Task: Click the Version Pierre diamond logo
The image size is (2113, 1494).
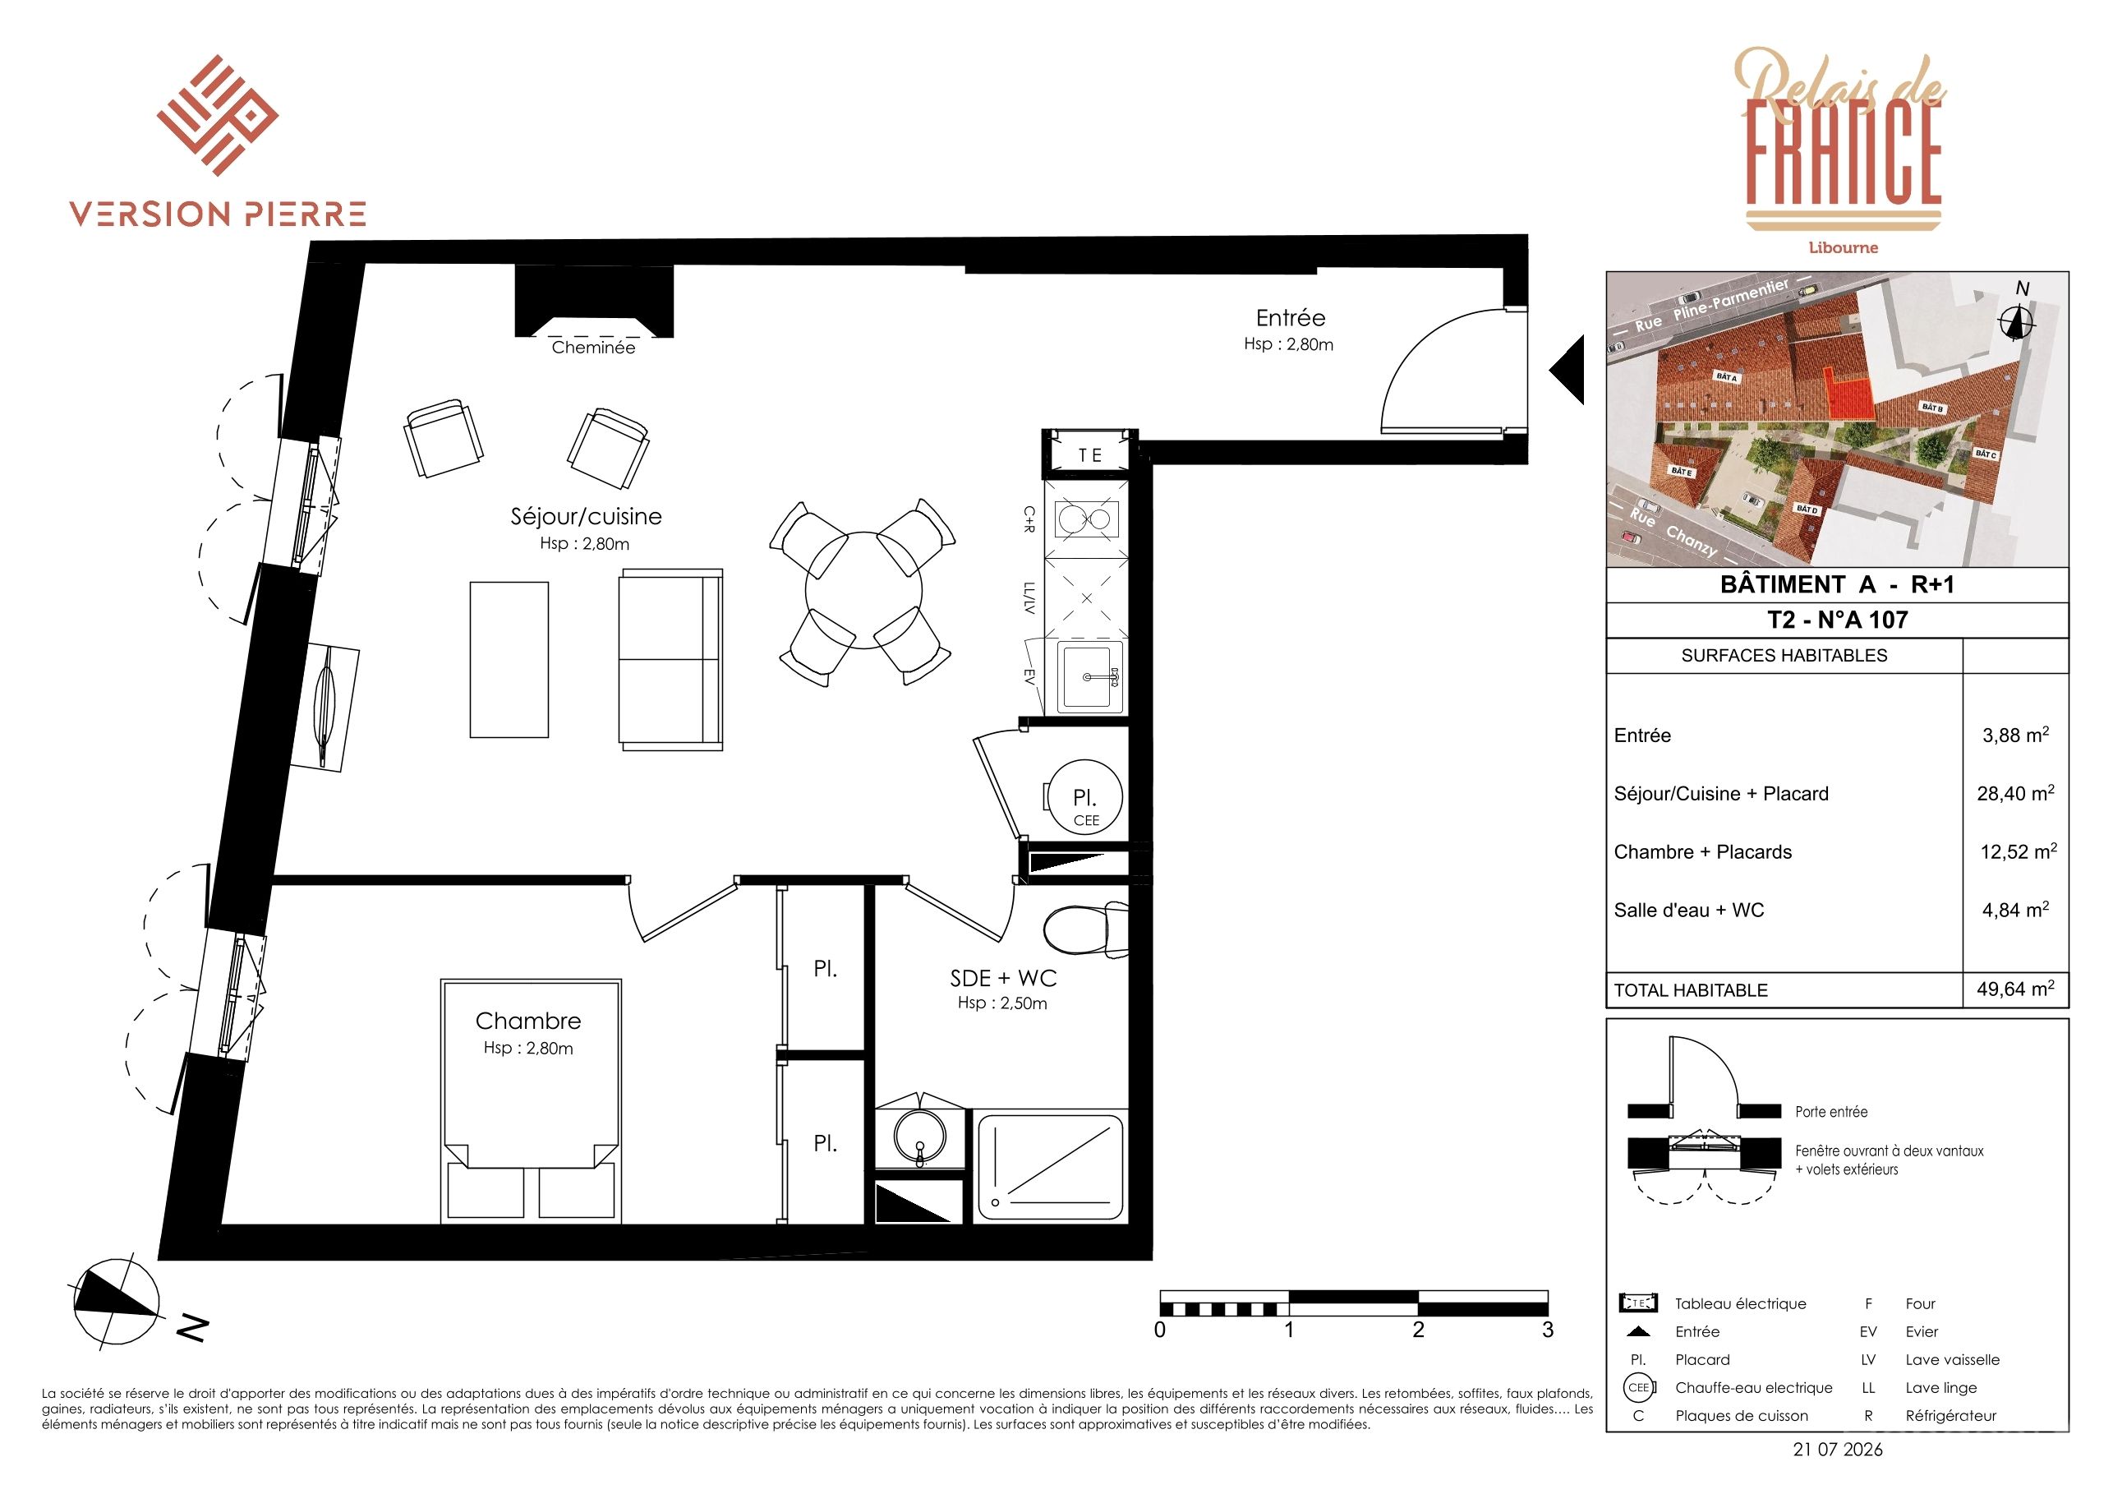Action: click(x=217, y=115)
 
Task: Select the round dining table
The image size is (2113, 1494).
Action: click(x=863, y=591)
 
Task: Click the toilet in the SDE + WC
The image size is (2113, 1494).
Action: click(x=1086, y=930)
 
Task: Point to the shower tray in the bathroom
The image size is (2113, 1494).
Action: click(x=1049, y=1165)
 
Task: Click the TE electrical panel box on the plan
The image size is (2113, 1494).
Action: click(x=1089, y=454)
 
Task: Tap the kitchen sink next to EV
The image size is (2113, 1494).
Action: click(x=1090, y=677)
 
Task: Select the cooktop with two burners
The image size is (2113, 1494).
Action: click(x=1087, y=519)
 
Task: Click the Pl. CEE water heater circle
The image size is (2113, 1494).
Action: click(x=1085, y=797)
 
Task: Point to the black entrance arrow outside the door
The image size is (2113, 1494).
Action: click(x=1567, y=369)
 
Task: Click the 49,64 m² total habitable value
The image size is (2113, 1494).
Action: click(x=2015, y=989)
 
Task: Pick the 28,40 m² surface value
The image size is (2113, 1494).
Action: click(x=2015, y=794)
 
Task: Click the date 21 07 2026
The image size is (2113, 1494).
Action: click(x=1838, y=1450)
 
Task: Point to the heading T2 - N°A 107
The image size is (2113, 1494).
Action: click(x=1837, y=620)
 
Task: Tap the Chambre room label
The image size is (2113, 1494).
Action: click(x=528, y=1021)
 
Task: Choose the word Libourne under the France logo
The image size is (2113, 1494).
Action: click(x=1844, y=247)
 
